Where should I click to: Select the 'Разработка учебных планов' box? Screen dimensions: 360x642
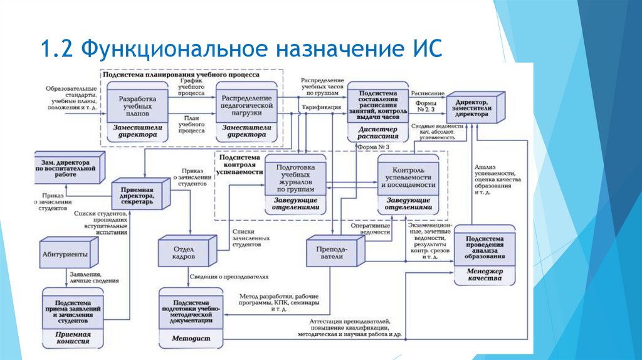(137, 107)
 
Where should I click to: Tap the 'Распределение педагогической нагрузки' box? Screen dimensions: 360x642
(246, 107)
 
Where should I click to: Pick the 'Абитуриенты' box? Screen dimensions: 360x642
(69, 255)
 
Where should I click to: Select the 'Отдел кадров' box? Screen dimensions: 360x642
(184, 252)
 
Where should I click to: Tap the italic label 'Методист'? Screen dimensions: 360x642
(192, 339)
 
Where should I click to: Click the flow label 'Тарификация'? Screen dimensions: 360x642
(321, 107)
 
